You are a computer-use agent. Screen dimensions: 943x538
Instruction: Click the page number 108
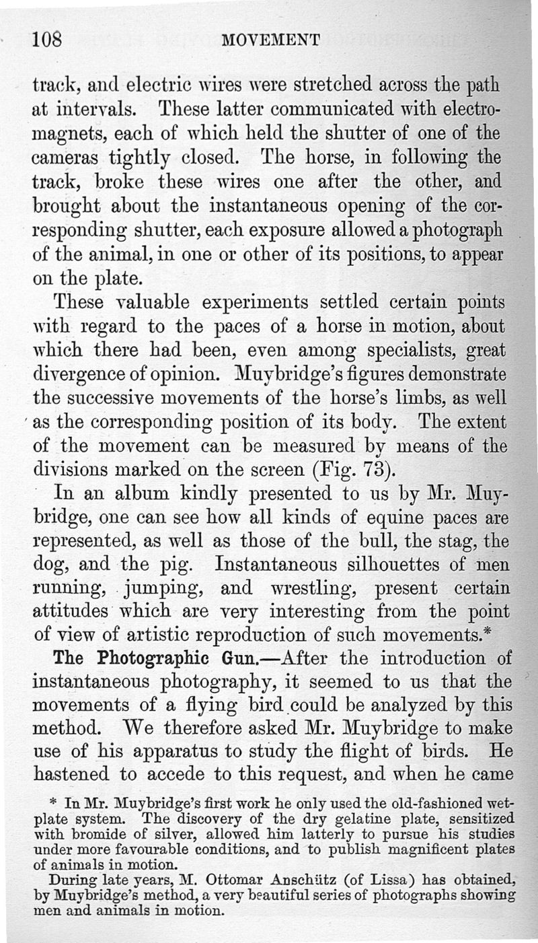pos(47,40)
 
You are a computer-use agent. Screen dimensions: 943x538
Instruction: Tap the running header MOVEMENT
pos(270,41)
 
